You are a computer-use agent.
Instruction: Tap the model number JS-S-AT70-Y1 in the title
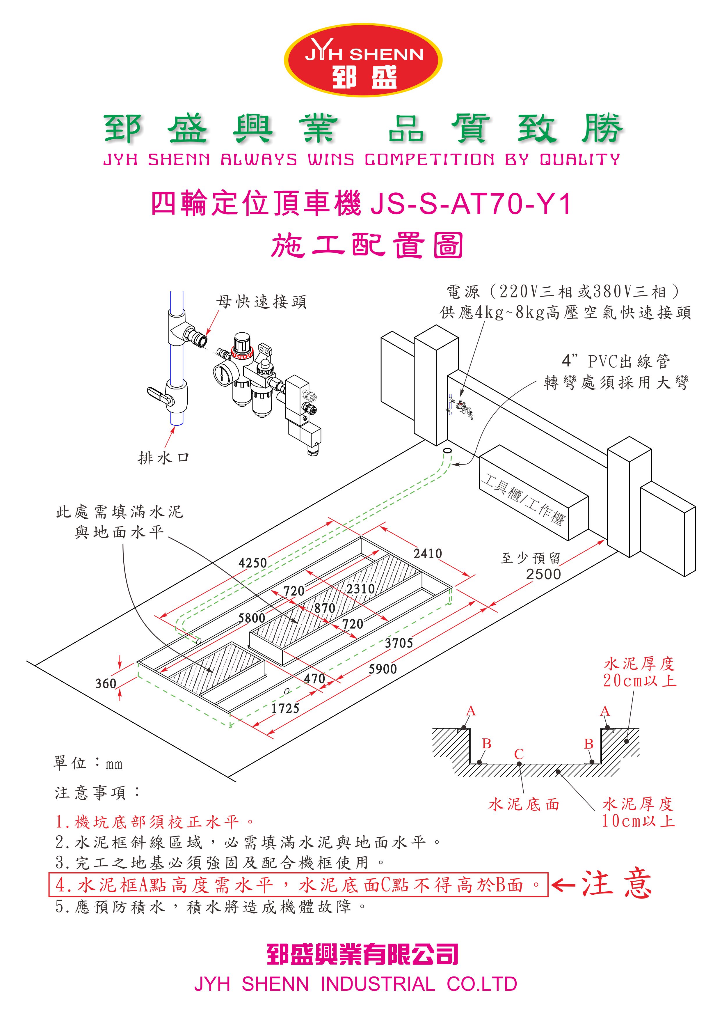470,205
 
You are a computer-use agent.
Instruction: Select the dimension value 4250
252,563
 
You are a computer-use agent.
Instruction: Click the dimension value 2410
428,554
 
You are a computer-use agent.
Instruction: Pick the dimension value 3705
399,643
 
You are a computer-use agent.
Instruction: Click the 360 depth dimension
106,683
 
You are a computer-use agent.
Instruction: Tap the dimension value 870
325,608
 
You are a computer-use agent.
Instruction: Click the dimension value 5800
252,618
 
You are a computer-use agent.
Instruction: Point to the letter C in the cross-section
519,754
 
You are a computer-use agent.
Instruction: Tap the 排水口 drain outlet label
163,458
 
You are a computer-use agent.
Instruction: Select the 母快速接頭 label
262,302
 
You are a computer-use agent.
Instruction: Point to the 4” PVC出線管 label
616,361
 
